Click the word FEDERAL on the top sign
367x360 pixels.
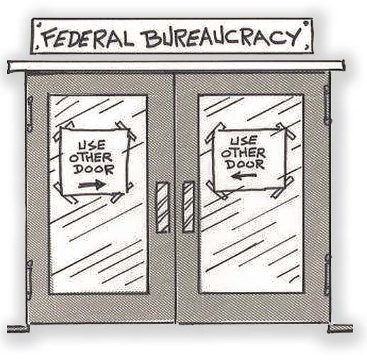click(x=86, y=38)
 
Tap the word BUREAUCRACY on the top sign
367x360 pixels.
click(x=222, y=38)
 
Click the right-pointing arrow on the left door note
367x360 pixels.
click(x=92, y=184)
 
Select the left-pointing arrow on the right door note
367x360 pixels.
click(x=243, y=176)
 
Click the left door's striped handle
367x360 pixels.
click(x=162, y=208)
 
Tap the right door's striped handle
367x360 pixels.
click(x=188, y=207)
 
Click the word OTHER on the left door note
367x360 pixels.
click(x=91, y=157)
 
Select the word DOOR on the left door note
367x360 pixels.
click(x=94, y=169)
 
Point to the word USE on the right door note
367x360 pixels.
click(x=244, y=141)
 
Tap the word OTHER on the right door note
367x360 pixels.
click(x=244, y=154)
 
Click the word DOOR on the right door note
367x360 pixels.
click(x=246, y=164)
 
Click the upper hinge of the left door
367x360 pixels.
click(x=30, y=114)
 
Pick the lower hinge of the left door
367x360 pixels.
click(x=29, y=280)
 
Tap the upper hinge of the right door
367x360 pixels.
click(x=327, y=104)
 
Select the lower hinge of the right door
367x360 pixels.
click(x=327, y=275)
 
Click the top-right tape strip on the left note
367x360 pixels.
click(x=126, y=130)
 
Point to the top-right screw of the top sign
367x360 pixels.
click(x=306, y=23)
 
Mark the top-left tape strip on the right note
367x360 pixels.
click(x=215, y=133)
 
